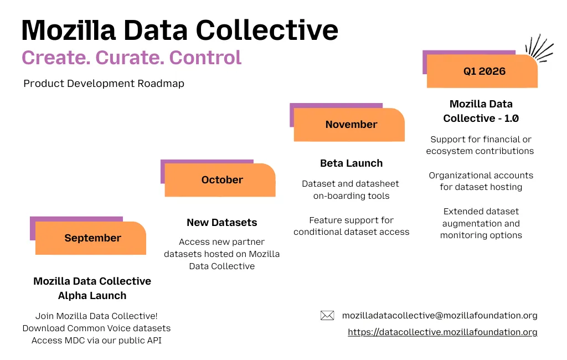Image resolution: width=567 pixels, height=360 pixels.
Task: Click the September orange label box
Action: pyautogui.click(x=91, y=238)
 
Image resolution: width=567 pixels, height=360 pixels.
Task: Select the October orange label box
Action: pyautogui.click(x=221, y=180)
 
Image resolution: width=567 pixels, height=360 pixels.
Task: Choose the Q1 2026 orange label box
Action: pyautogui.click(x=483, y=71)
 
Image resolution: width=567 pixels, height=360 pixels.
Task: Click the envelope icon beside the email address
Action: pyautogui.click(x=327, y=316)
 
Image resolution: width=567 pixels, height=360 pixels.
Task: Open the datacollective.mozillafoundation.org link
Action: pyautogui.click(x=442, y=332)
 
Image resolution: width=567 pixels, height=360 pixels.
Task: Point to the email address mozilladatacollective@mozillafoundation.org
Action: pyautogui.click(x=440, y=316)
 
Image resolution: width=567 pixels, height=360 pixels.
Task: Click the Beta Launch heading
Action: pyautogui.click(x=351, y=163)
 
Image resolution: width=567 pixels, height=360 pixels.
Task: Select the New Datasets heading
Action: pyautogui.click(x=221, y=223)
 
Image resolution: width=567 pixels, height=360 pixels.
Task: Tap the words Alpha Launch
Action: pyautogui.click(x=92, y=296)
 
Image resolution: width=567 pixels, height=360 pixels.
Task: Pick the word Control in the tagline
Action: pyautogui.click(x=205, y=58)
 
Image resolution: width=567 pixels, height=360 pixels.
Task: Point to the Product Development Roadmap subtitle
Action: pyautogui.click(x=104, y=84)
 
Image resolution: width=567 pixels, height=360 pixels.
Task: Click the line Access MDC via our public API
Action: pyautogui.click(x=96, y=341)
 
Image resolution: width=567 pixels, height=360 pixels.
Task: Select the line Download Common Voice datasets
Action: pyautogui.click(x=96, y=328)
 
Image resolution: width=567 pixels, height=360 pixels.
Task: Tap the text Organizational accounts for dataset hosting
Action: pyautogui.click(x=481, y=181)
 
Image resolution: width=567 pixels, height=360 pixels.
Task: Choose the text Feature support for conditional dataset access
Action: pyautogui.click(x=351, y=226)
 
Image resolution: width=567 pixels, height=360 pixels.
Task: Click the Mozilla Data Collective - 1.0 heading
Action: pyautogui.click(x=481, y=111)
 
